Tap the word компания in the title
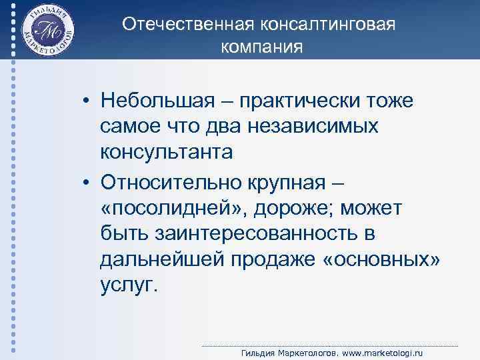(261, 48)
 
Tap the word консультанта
(167, 153)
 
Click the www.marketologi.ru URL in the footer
(381, 353)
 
